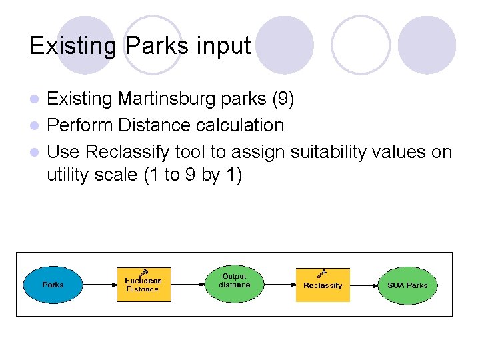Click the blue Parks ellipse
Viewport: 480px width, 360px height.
click(x=53, y=285)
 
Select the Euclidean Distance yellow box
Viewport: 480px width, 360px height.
click(x=143, y=285)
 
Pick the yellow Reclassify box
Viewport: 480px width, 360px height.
click(x=323, y=285)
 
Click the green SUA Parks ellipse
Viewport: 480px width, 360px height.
click(x=407, y=285)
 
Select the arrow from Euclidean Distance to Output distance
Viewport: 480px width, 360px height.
click(x=187, y=285)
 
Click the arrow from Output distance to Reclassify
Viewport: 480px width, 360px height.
click(x=280, y=285)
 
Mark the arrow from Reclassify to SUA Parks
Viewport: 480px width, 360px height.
click(x=364, y=285)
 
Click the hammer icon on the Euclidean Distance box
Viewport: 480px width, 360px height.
click(x=141, y=273)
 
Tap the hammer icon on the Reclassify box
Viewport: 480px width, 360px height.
click(x=321, y=273)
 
